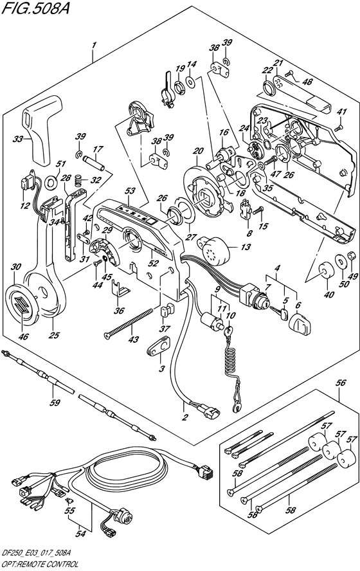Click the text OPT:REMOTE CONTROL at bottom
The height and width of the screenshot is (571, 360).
pos(39,563)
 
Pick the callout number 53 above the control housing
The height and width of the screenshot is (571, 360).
pos(130,191)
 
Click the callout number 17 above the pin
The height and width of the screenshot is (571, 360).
pos(98,151)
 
